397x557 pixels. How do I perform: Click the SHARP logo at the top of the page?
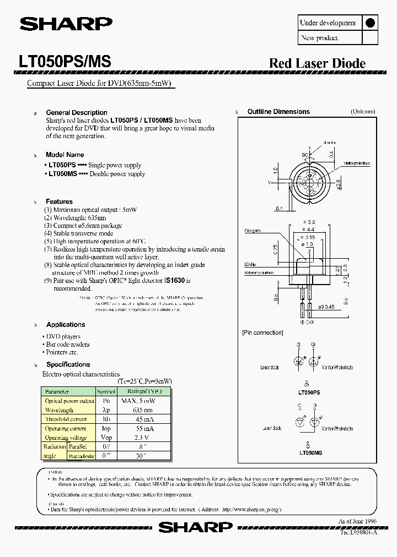[x=66, y=24]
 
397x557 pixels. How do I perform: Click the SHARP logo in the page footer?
[x=196, y=527]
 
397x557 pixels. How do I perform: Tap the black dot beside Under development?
[x=370, y=23]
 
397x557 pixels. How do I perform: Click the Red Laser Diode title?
[x=317, y=63]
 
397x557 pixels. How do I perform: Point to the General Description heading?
[x=76, y=112]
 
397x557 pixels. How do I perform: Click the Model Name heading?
[x=65, y=155]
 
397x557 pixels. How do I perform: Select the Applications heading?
[x=66, y=325]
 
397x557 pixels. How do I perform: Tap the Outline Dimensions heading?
[x=278, y=112]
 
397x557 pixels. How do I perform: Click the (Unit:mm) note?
[x=363, y=111]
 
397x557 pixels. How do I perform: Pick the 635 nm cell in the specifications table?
[x=143, y=410]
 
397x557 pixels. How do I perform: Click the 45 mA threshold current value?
[x=143, y=419]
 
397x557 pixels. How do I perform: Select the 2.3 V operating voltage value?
[x=143, y=437]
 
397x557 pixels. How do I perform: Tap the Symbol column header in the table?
[x=106, y=391]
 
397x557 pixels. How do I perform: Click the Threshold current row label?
[x=66, y=419]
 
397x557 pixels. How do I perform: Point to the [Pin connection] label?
[x=262, y=332]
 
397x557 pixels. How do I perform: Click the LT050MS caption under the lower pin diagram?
[x=310, y=452]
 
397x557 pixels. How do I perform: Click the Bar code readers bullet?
[x=67, y=345]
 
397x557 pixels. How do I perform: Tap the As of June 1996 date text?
[x=358, y=521]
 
